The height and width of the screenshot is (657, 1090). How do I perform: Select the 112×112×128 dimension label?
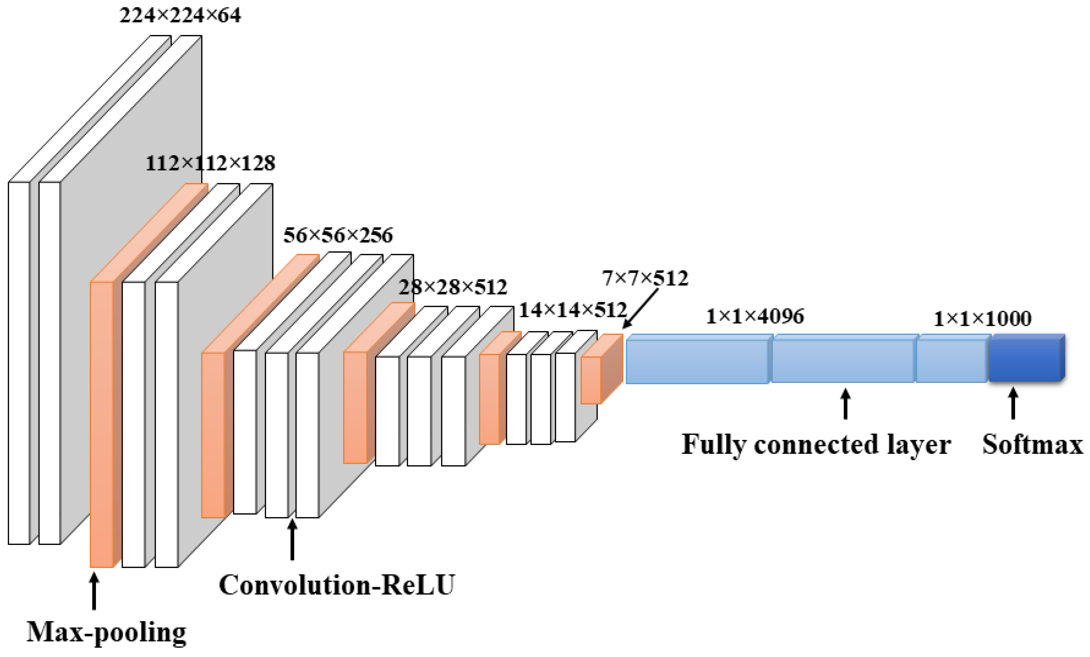[x=210, y=164]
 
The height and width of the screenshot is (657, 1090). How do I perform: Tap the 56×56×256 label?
[x=338, y=235]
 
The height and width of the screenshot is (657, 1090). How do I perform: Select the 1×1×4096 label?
[x=755, y=316]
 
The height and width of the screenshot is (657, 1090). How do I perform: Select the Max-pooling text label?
[x=106, y=632]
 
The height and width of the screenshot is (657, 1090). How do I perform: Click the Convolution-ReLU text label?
[x=337, y=585]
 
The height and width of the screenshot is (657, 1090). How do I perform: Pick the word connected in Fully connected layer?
[x=816, y=444]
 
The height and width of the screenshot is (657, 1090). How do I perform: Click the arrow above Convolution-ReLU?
[x=292, y=540]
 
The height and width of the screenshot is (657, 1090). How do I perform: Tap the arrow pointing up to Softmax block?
[x=1013, y=403]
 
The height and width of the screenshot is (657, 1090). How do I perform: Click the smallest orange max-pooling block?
[x=591, y=380]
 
